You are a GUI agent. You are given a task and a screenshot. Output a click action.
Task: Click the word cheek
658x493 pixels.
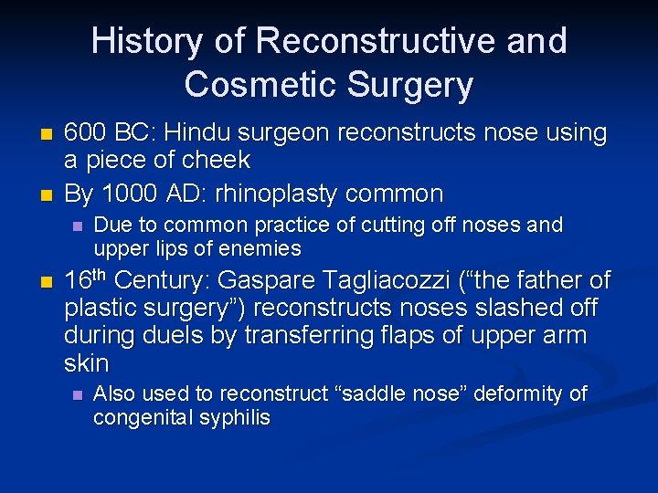[x=216, y=161]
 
